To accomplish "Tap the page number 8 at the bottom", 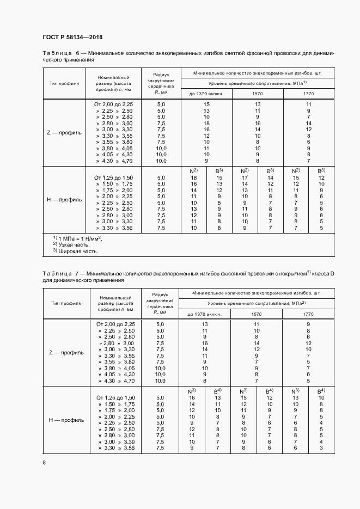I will [44, 463].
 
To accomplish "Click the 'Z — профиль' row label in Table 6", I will [64, 132].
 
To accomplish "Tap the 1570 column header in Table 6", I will [258, 94].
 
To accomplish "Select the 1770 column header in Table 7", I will [308, 315].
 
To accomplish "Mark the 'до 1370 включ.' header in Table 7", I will [205, 315].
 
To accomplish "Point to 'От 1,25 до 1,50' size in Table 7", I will [115, 398].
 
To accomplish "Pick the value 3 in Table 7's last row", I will [321, 447].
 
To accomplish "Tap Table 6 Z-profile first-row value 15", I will [206, 103].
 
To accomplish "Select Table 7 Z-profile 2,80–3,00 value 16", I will [205, 344].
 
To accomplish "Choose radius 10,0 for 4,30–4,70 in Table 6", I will [161, 161].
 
